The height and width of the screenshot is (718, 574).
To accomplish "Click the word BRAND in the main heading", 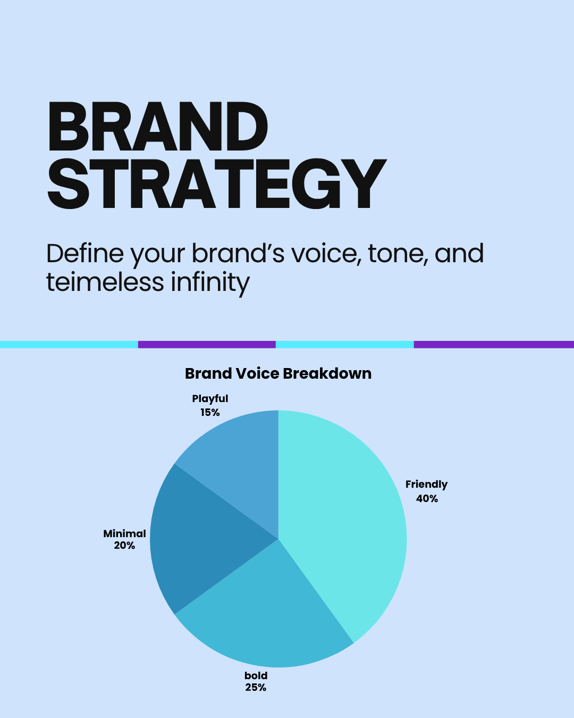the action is (158, 127).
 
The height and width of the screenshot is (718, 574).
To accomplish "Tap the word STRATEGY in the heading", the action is (217, 184).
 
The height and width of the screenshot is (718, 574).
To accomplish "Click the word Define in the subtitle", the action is (85, 254).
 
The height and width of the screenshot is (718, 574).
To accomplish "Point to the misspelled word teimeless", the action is (105, 282).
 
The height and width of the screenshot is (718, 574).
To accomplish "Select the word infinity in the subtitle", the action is (210, 283).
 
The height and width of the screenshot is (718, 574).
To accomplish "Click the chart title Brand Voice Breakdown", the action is (278, 373).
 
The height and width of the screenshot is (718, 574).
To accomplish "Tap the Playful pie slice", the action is (240, 461).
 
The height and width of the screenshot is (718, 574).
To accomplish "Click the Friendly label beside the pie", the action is (427, 485).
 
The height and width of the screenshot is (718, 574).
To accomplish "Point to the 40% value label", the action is (427, 499).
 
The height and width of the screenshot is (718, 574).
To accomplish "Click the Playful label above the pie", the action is (210, 399).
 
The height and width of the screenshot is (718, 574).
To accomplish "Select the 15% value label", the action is (210, 413).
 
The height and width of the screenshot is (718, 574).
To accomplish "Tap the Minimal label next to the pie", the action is (124, 534).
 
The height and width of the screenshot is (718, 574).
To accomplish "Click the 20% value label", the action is (124, 546).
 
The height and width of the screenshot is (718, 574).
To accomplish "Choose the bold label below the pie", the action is (256, 675).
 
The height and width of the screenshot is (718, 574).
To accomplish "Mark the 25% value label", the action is (256, 688).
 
